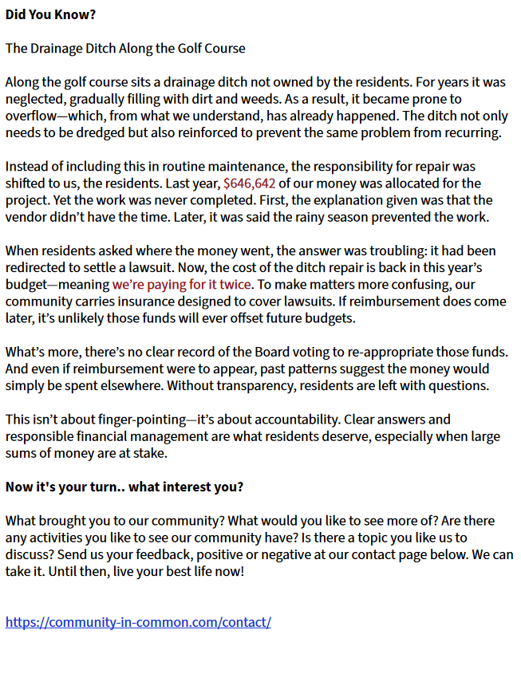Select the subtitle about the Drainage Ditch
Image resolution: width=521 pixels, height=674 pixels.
(125, 49)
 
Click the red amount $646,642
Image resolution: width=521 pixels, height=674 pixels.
(249, 183)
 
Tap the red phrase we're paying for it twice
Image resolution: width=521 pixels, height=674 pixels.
(183, 284)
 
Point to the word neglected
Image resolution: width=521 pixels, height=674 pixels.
(33, 99)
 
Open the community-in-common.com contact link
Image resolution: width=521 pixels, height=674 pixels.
(138, 622)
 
